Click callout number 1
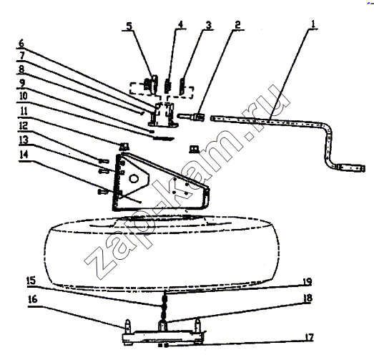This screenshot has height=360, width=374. pyautogui.click(x=313, y=24)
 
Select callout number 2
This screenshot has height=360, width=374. pyautogui.click(x=237, y=25)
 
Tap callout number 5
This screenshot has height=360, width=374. pyautogui.click(x=129, y=26)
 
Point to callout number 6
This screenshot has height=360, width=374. pyautogui.click(x=21, y=44)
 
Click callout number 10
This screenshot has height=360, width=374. pyautogui.click(x=23, y=96)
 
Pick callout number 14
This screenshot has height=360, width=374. pyautogui.click(x=24, y=155)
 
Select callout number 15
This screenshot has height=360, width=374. pyautogui.click(x=31, y=281)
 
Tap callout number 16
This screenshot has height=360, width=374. pyautogui.click(x=33, y=299)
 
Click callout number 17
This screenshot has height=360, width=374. pyautogui.click(x=310, y=338)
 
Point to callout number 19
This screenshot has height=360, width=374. pyautogui.click(x=307, y=282)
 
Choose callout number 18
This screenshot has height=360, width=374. pyautogui.click(x=308, y=298)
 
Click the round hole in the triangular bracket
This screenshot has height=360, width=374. pyautogui.click(x=134, y=178)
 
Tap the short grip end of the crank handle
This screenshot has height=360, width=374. pyautogui.click(x=350, y=167)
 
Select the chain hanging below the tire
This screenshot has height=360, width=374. pyautogui.click(x=164, y=306)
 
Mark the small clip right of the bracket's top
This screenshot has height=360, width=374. pyautogui.click(x=195, y=150)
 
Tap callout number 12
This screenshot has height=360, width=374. pyautogui.click(x=23, y=125)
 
